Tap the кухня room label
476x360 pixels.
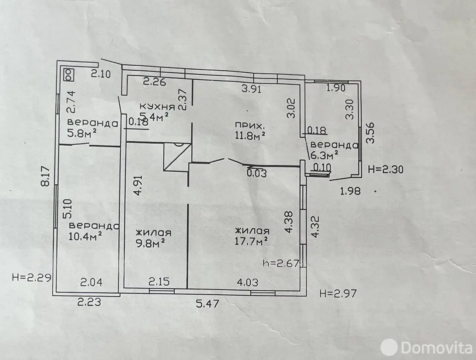[158, 107]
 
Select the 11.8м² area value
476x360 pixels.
[250, 135]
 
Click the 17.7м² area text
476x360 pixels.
[251, 241]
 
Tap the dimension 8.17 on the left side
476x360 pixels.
[46, 176]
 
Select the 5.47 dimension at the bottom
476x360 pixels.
[207, 304]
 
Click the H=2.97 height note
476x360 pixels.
[338, 294]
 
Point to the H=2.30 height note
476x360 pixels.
[386, 169]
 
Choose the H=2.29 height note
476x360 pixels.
[32, 278]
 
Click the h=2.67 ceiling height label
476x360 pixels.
[281, 263]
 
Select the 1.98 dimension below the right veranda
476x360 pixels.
[350, 191]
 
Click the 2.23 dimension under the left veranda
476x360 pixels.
[89, 302]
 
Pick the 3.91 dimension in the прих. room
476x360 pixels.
[251, 89]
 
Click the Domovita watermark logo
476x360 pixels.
[426, 347]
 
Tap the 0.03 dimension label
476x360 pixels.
[257, 173]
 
